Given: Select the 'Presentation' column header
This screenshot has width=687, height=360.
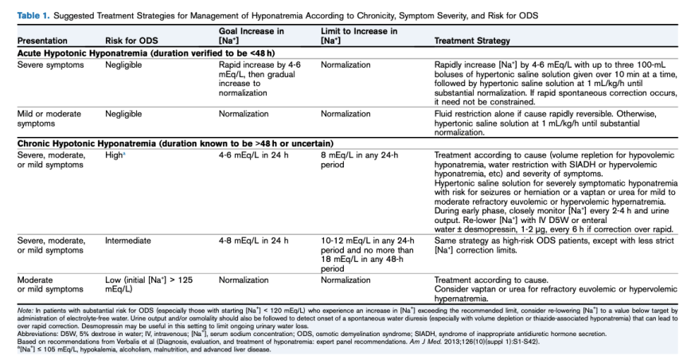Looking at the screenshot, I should point(42,41).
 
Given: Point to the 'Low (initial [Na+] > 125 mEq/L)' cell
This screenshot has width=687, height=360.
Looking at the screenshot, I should point(148,285).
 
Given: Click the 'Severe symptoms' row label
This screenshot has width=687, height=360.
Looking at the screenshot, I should point(51,64).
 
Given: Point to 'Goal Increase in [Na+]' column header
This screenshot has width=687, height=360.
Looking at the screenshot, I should point(251,36).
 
